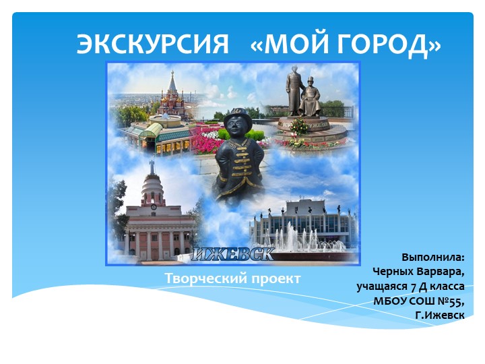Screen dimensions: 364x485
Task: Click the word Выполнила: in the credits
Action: (433, 257)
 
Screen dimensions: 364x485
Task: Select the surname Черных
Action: (394, 272)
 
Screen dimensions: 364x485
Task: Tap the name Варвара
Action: (443, 272)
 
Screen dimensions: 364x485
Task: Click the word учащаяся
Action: (381, 286)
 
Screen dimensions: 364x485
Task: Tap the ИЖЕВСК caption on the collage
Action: (233, 255)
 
